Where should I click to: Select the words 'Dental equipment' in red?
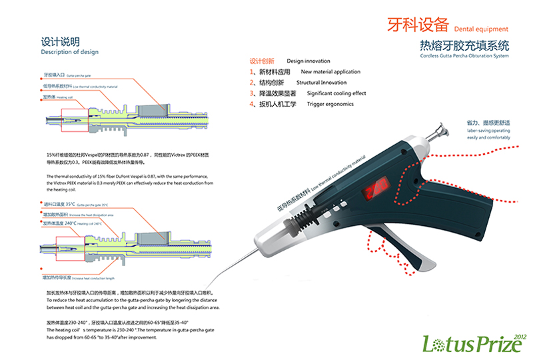point(480,29)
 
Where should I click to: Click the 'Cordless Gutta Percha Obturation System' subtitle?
point(464,56)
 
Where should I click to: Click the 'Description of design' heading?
point(69,52)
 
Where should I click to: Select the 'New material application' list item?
point(330,72)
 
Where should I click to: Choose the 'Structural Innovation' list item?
point(321,83)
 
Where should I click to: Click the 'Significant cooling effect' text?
point(336,93)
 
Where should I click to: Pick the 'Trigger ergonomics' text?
point(330,104)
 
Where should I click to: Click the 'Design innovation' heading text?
point(308,61)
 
